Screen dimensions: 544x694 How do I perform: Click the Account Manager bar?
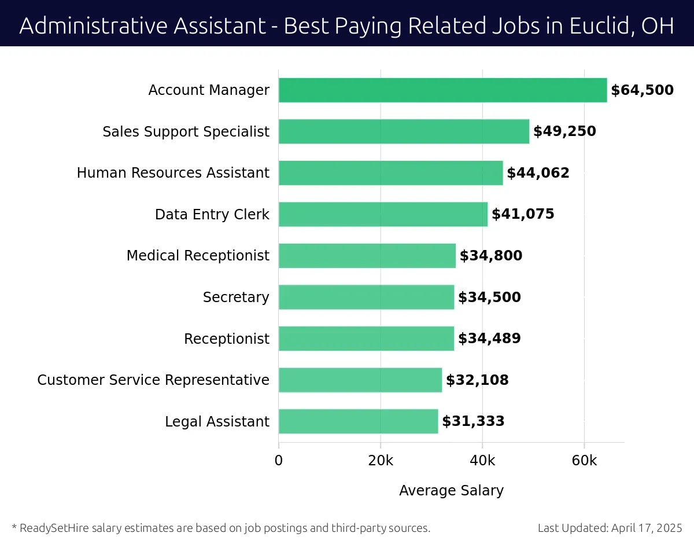pyautogui.click(x=442, y=90)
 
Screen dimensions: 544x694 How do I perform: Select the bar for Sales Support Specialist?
pyautogui.click(x=404, y=131)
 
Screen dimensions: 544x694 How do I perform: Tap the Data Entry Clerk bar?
pyautogui.click(x=383, y=214)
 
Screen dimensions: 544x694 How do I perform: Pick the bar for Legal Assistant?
pyautogui.click(x=358, y=421)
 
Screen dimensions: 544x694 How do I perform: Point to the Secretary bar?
pyautogui.click(x=366, y=297)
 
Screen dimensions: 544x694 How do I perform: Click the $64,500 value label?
pyautogui.click(x=642, y=90)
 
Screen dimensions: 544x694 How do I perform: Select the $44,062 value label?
pyautogui.click(x=538, y=173)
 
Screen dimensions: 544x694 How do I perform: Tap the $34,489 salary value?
pyautogui.click(x=489, y=339)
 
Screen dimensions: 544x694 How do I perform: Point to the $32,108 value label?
pyautogui.click(x=477, y=380)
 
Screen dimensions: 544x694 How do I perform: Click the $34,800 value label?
pyautogui.click(x=490, y=256)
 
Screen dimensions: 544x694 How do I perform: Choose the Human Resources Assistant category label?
pyautogui.click(x=173, y=173)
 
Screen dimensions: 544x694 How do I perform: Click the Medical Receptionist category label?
pyautogui.click(x=198, y=256)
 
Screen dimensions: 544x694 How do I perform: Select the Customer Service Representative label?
pyautogui.click(x=153, y=380)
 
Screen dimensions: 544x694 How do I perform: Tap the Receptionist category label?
pyautogui.click(x=227, y=339)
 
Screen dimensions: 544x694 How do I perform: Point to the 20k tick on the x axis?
pyautogui.click(x=381, y=461)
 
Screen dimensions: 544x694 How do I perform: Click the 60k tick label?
pyautogui.click(x=584, y=461)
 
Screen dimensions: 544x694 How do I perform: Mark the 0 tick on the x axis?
pyautogui.click(x=279, y=461)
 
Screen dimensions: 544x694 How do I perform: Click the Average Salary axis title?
pyautogui.click(x=451, y=491)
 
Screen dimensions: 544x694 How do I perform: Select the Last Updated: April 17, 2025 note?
pyautogui.click(x=610, y=528)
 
